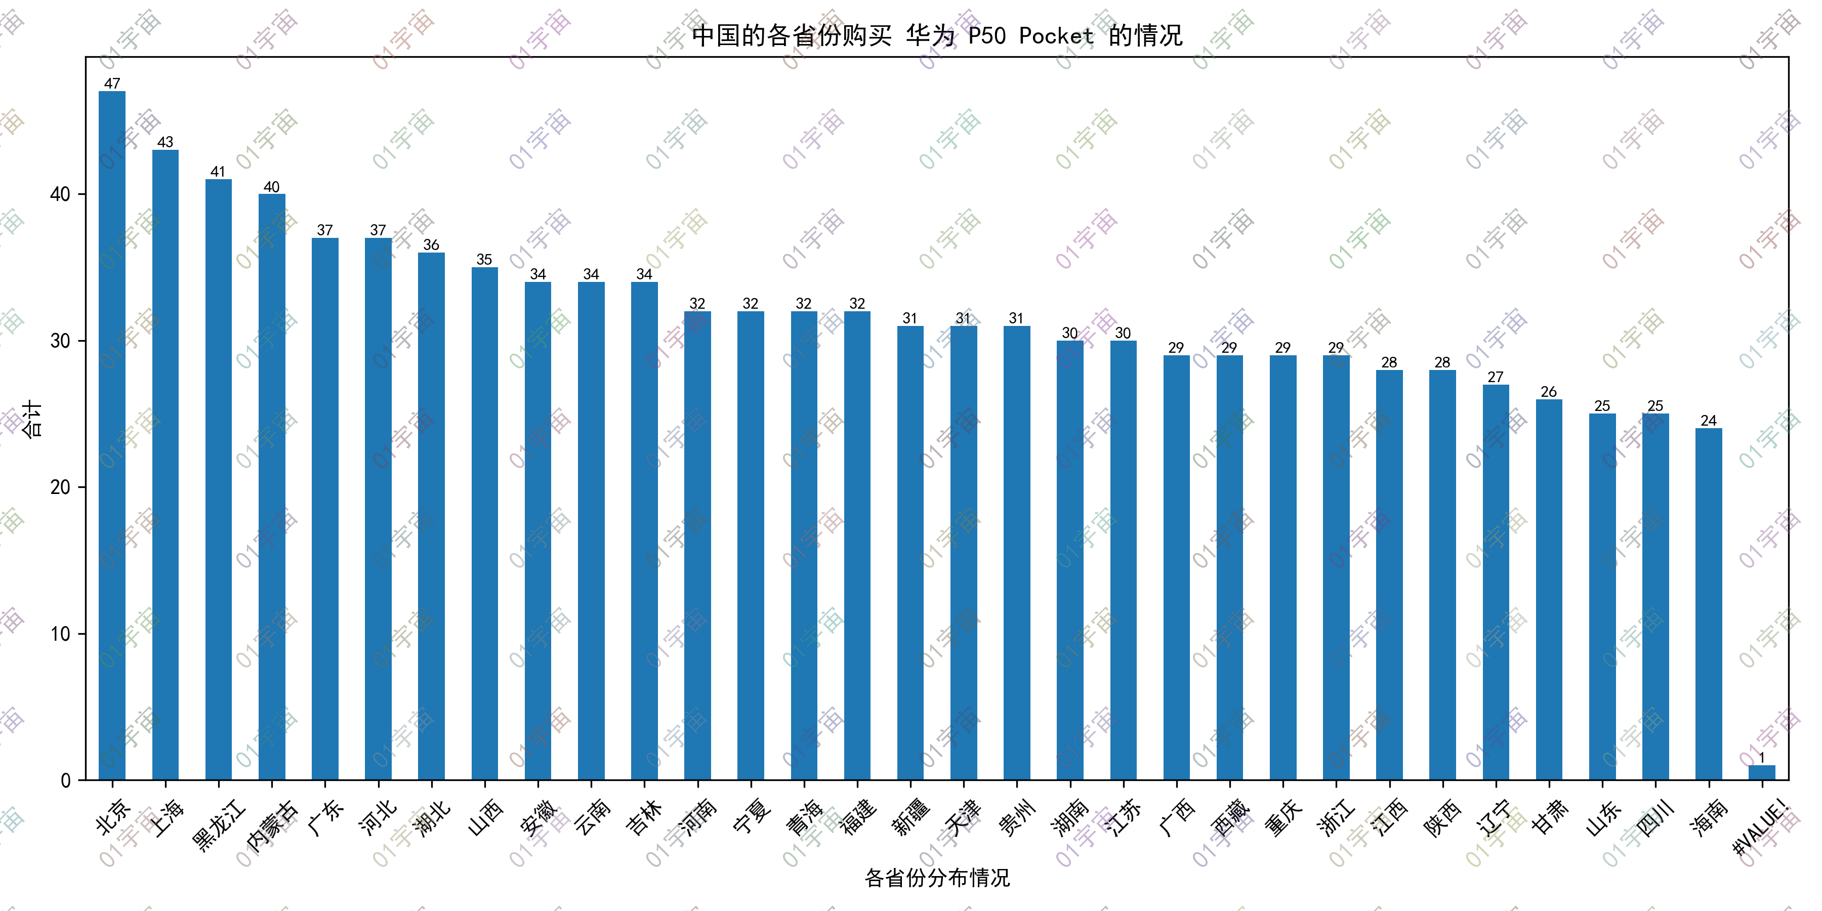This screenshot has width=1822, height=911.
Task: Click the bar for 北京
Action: (112, 436)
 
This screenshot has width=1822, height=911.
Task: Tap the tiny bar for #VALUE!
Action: (1762, 772)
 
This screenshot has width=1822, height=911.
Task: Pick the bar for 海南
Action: (1709, 604)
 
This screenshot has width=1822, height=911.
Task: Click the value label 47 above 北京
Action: (112, 84)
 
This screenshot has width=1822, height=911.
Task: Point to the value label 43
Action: (165, 142)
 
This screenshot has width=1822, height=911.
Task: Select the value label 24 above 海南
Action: (1709, 421)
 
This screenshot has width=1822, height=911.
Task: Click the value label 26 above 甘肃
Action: (1549, 392)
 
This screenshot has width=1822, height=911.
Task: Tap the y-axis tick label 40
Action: (61, 194)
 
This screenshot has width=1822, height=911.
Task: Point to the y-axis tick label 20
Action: (61, 487)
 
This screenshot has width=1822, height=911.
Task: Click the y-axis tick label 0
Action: (66, 780)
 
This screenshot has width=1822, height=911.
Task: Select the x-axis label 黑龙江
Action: (219, 825)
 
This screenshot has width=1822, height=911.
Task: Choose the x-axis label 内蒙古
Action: (272, 825)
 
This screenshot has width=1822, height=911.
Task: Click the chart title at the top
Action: (937, 35)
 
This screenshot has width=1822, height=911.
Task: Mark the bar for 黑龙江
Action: (219, 480)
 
